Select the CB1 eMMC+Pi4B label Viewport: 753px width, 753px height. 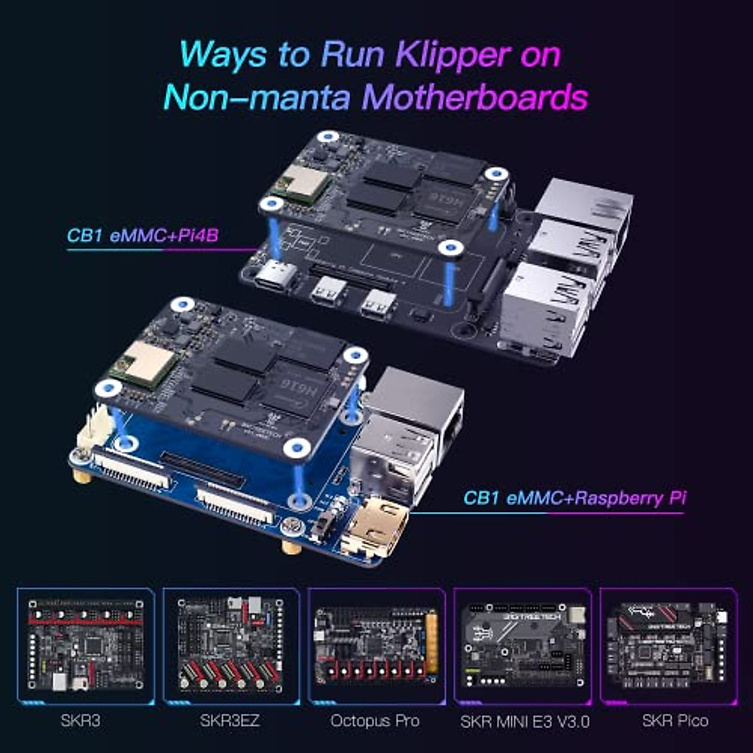(142, 236)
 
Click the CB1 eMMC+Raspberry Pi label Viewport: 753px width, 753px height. (574, 498)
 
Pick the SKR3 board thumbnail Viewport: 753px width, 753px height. (86, 646)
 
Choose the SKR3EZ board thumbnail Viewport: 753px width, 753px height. (231, 646)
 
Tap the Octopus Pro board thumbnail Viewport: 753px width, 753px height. (376, 646)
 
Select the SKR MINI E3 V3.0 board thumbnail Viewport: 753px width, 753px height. (523, 646)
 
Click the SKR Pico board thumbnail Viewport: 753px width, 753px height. (669, 646)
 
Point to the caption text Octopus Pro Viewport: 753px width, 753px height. (375, 721)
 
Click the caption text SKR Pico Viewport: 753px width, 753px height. (675, 721)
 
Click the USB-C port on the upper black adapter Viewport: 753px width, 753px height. (277, 274)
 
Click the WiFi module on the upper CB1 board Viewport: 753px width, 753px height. (301, 184)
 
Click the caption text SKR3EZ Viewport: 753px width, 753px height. (230, 721)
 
